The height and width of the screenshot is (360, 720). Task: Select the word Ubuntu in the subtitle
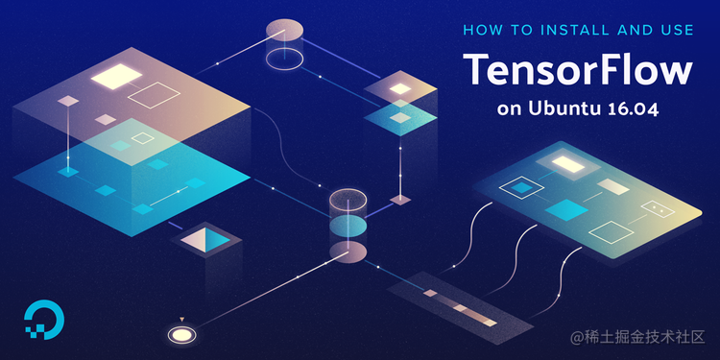click(563, 108)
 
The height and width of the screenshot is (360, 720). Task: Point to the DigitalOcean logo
click(41, 321)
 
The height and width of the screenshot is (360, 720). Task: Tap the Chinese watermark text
click(637, 337)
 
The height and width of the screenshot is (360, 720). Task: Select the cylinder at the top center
click(284, 36)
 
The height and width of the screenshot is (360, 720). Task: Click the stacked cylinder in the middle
click(348, 225)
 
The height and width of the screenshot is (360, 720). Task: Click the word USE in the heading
click(676, 30)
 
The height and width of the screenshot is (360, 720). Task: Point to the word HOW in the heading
click(481, 30)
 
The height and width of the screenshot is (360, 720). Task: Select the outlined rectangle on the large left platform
click(154, 94)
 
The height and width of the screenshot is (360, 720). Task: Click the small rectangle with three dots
click(657, 207)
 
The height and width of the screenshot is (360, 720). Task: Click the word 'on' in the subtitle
click(510, 108)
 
